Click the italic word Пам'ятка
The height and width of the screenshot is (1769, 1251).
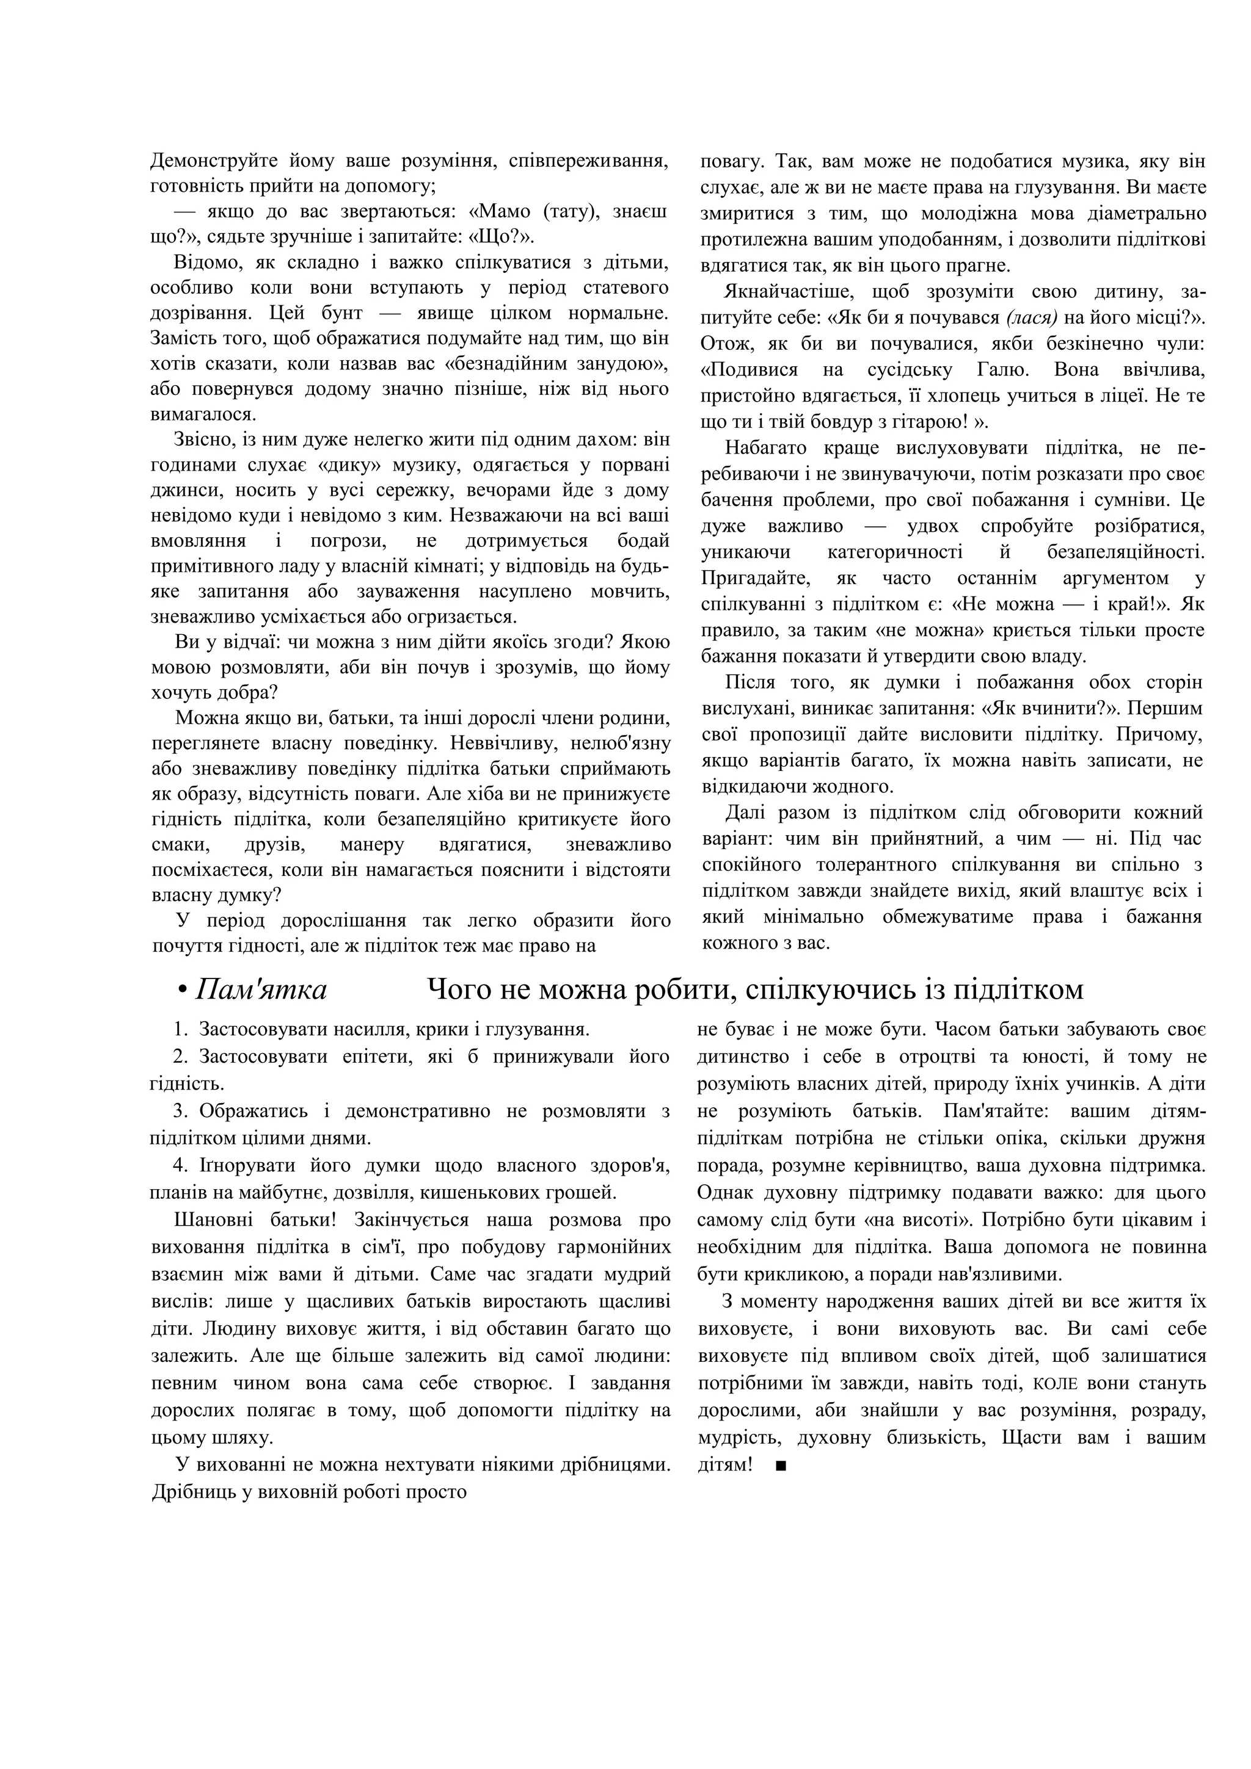261,989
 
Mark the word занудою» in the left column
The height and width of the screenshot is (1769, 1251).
622,364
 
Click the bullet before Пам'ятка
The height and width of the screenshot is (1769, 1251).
183,991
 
